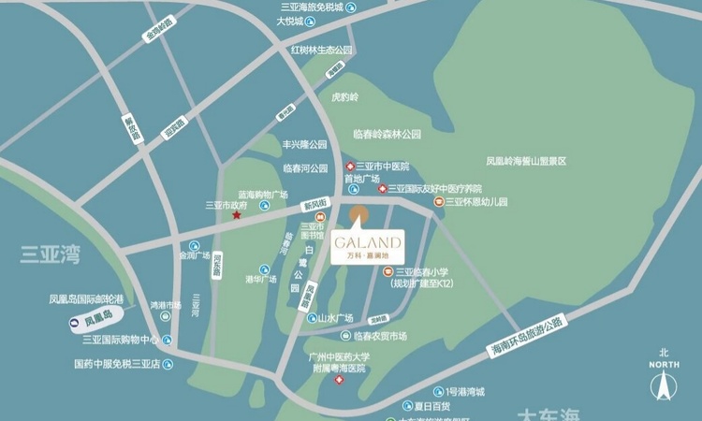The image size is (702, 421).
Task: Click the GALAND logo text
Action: point(367,240)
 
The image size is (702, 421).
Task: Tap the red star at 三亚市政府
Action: point(237,216)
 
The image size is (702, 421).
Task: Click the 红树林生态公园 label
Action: point(320,50)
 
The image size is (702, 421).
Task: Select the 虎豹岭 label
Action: point(345,96)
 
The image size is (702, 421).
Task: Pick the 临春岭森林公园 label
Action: point(387,135)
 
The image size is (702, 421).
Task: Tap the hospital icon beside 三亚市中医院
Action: point(349,167)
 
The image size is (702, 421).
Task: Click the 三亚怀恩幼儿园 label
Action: point(475,201)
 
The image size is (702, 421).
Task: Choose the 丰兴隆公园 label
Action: point(305,145)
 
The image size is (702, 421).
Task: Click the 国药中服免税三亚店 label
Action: point(117,364)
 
